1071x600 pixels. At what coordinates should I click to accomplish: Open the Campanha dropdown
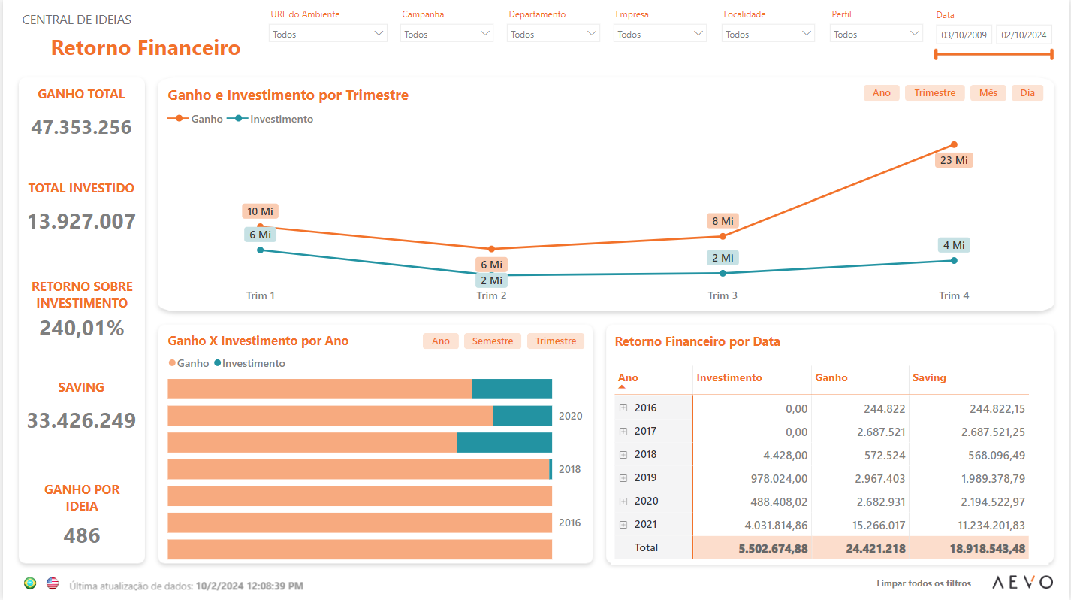point(447,34)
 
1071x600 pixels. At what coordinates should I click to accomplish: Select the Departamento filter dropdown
point(554,34)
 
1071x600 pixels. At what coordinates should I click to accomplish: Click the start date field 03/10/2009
point(964,35)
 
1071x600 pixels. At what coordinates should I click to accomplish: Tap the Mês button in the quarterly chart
point(988,92)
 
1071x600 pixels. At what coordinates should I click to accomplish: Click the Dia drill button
point(1027,92)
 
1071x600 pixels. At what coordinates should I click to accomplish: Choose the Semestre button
point(493,341)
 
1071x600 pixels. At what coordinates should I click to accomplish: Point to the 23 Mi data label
point(954,160)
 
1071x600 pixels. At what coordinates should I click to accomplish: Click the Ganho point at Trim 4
point(954,144)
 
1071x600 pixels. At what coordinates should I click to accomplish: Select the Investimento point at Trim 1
point(260,250)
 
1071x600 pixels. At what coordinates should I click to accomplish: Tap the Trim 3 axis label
point(723,295)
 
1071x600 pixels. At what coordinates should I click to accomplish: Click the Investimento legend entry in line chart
point(270,119)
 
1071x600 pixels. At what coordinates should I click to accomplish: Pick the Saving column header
point(929,377)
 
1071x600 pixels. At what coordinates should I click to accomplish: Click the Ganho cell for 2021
point(878,526)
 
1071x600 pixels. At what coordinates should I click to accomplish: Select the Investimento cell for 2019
point(779,478)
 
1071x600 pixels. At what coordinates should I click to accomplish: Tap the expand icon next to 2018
point(623,455)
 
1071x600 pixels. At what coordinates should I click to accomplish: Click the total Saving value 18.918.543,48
point(987,548)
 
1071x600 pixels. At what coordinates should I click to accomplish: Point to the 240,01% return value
point(82,329)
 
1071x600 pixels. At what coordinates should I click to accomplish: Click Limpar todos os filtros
point(924,583)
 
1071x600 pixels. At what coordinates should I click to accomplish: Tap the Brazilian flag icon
point(30,583)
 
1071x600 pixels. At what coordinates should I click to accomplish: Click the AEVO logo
point(1022,582)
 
